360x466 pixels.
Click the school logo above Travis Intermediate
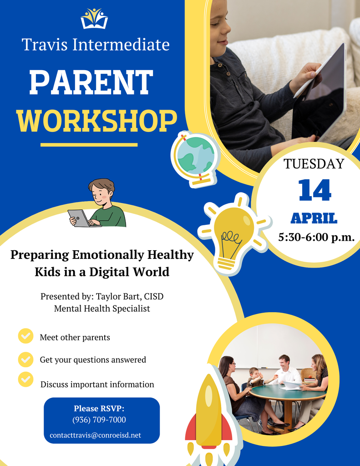tap(94, 19)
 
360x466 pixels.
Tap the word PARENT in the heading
tap(91, 82)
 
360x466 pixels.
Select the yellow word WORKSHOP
tap(96, 121)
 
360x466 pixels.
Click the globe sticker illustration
tap(195, 158)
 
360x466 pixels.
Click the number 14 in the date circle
tap(314, 190)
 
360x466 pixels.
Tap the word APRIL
tap(314, 218)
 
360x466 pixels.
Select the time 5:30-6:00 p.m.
tap(316, 237)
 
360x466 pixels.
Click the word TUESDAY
tap(314, 164)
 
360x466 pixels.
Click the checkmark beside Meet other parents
tap(25, 336)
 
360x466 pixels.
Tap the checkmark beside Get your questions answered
tap(25, 359)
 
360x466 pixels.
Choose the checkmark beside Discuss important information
tap(25, 379)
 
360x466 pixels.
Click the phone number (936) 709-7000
tap(99, 420)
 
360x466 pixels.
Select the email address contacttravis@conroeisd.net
tap(95, 436)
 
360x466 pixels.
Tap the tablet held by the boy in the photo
tap(321, 91)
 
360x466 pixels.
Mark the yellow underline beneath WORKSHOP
tap(89, 145)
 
